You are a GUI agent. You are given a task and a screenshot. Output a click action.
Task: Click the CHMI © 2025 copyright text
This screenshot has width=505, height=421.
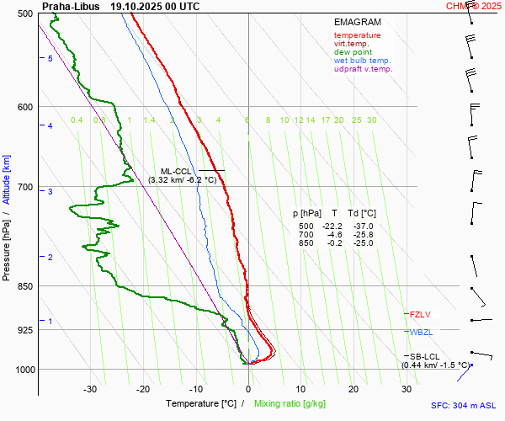coord(474,6)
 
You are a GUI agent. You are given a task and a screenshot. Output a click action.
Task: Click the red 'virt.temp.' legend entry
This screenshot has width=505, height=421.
coord(353,44)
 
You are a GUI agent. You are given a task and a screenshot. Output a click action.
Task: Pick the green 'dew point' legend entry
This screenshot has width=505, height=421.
coord(353,52)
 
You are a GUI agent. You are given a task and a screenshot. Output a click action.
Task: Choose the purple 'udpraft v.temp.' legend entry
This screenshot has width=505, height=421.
coord(363,69)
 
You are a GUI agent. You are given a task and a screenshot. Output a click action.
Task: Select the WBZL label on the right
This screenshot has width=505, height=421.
coord(421,333)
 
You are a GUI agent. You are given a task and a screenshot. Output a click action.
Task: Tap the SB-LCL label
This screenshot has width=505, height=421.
coord(420,357)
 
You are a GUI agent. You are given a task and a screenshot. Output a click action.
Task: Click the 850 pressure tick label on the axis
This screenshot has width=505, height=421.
coord(25,287)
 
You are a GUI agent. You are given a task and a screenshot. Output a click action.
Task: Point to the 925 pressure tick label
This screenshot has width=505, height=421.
coord(25,330)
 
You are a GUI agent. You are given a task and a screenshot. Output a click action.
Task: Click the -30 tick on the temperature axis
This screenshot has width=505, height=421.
coord(90,389)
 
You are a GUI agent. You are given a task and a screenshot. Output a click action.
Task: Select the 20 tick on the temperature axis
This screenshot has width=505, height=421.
coord(353,389)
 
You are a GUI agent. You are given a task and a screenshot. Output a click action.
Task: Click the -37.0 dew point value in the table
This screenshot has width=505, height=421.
coord(363,226)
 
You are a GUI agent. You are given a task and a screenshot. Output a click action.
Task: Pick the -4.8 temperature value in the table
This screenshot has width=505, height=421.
coord(334,235)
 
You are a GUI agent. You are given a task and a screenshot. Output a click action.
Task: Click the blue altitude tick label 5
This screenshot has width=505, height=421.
coord(50,58)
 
